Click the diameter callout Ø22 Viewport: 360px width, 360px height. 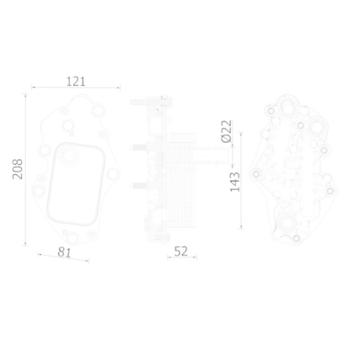click(x=225, y=132)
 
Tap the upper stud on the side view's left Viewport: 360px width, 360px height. click(x=138, y=149)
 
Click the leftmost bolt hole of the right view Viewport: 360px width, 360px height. click(x=256, y=175)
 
